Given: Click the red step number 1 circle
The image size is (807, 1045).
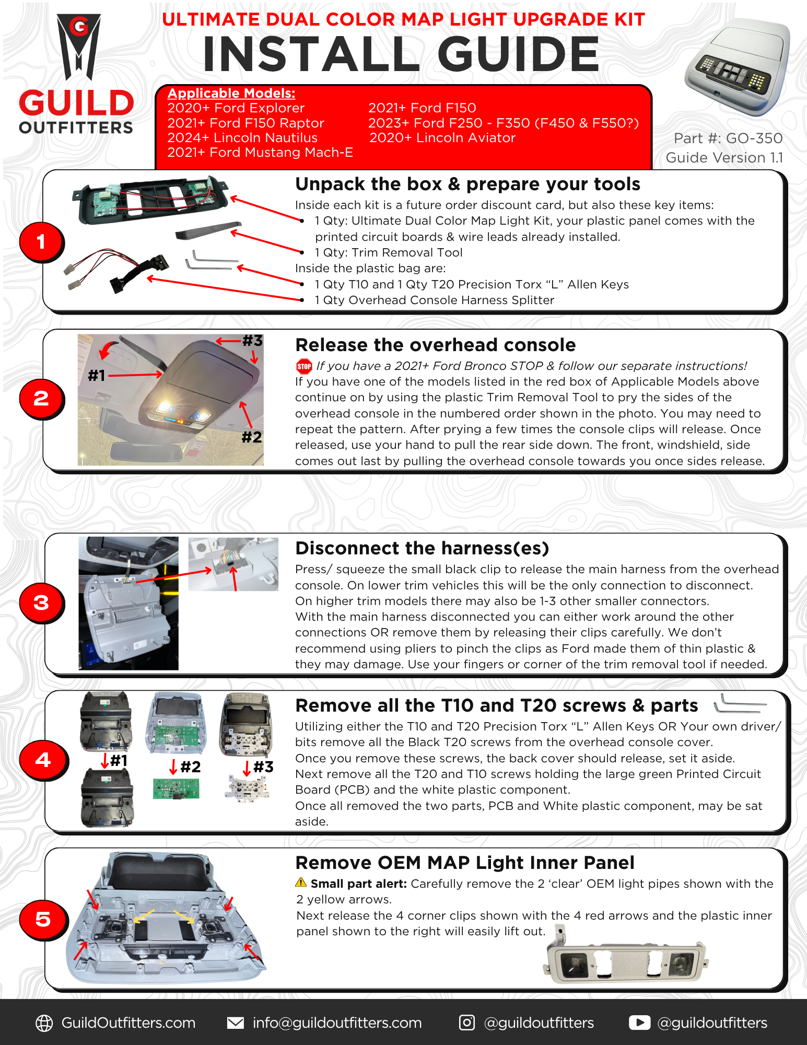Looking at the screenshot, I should pos(41,242).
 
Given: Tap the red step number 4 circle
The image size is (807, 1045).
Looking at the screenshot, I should pos(43,760).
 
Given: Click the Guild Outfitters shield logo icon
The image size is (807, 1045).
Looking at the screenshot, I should pos(79,47).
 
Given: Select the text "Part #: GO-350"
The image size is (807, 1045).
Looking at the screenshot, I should pos(728,138).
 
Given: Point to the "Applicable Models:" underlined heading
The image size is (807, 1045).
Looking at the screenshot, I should pos(231,94).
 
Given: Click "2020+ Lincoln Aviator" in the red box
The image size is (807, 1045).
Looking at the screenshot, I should pos(442,138).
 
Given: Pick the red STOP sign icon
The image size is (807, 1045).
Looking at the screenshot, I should pos(304,366).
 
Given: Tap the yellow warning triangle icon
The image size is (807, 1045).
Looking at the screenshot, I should pos(301,883).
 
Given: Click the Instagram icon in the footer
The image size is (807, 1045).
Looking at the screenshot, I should pos(466,1023).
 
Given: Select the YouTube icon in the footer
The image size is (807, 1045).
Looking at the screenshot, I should pos(639,1023).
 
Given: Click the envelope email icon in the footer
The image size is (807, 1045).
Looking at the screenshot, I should pos(236,1023).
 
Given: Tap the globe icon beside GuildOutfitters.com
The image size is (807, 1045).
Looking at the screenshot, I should pos(44,1023).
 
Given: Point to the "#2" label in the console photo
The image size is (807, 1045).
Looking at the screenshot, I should pos(252,437).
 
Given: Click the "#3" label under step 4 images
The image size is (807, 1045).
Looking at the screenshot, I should pos(263,767).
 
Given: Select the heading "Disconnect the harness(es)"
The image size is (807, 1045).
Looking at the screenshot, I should pos(422,549).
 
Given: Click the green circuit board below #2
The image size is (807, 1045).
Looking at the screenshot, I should pos(176,789).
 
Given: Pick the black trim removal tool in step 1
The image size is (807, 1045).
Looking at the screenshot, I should pos(208,230).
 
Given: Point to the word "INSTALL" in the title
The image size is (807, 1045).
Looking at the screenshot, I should pos(311,54).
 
